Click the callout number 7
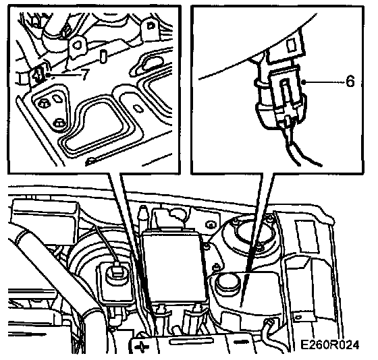(x=85, y=75)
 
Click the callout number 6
(x=350, y=81)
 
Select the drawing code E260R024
(x=330, y=345)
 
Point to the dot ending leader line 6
(x=304, y=82)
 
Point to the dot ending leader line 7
(x=49, y=75)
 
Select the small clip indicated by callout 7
(x=38, y=73)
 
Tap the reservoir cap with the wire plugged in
(x=117, y=273)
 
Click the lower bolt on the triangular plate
(x=59, y=123)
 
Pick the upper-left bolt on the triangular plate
(x=44, y=104)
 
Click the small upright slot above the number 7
(x=103, y=57)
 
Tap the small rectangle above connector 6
(x=291, y=45)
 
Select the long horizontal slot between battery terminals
(x=192, y=341)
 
